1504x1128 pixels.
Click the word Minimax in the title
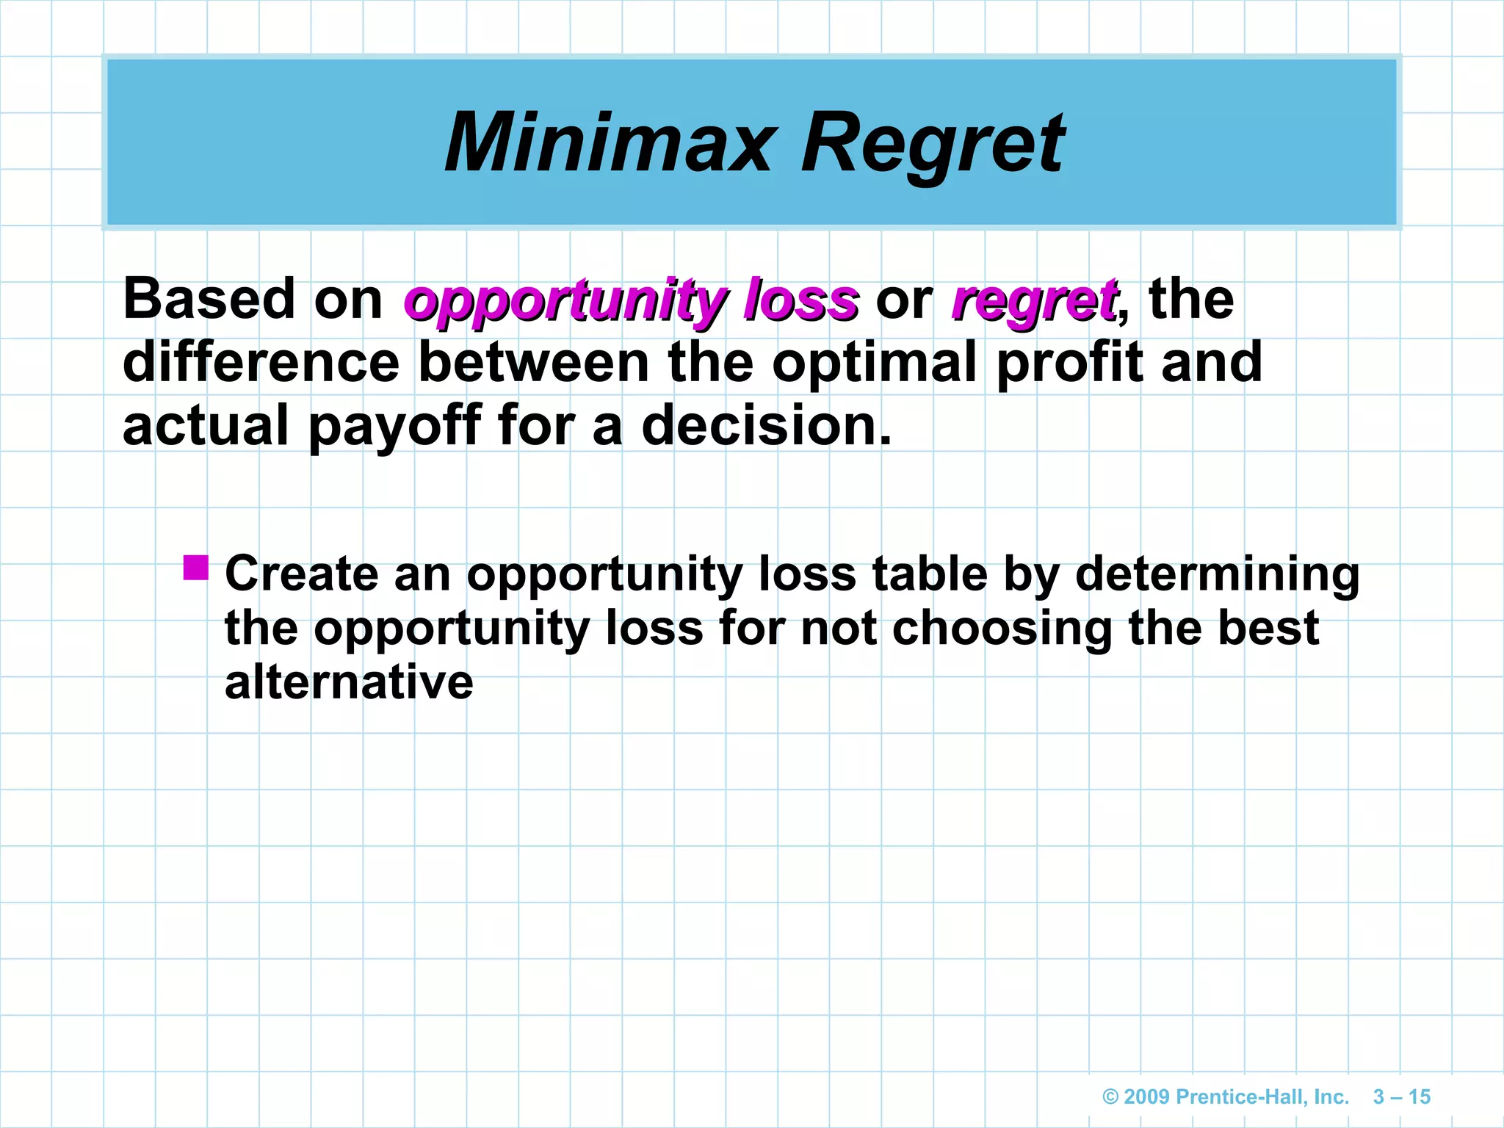[x=610, y=142]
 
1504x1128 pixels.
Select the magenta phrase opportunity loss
[x=631, y=301]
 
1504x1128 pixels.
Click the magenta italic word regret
[x=1034, y=301]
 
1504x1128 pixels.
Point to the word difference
[x=261, y=362]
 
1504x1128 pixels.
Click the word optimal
[x=874, y=362]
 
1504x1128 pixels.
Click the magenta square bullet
[x=196, y=567]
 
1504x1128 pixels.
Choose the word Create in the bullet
[x=300, y=574]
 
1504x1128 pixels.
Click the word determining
[x=1217, y=574]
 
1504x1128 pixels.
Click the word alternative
[x=349, y=682]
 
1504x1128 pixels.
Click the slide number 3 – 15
[x=1401, y=1096]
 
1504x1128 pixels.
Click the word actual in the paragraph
[x=205, y=426]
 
